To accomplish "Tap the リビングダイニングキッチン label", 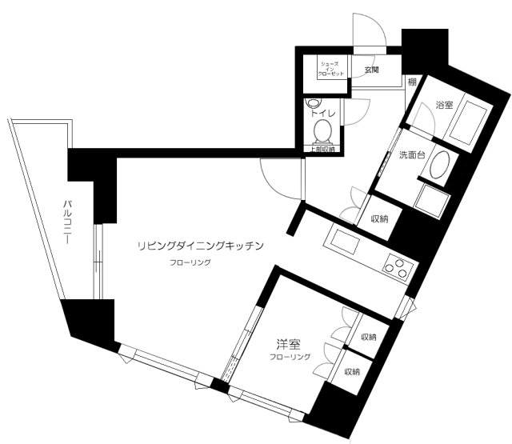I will coord(201,246).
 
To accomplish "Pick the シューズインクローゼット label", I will coord(332,68).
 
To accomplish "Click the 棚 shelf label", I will coord(411,81).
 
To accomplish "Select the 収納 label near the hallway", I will coord(379,220).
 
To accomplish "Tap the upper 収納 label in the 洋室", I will coord(369,338).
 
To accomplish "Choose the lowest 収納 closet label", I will coord(353,372).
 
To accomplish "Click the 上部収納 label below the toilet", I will coord(324,149).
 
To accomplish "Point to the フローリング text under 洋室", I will coord(290,357).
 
